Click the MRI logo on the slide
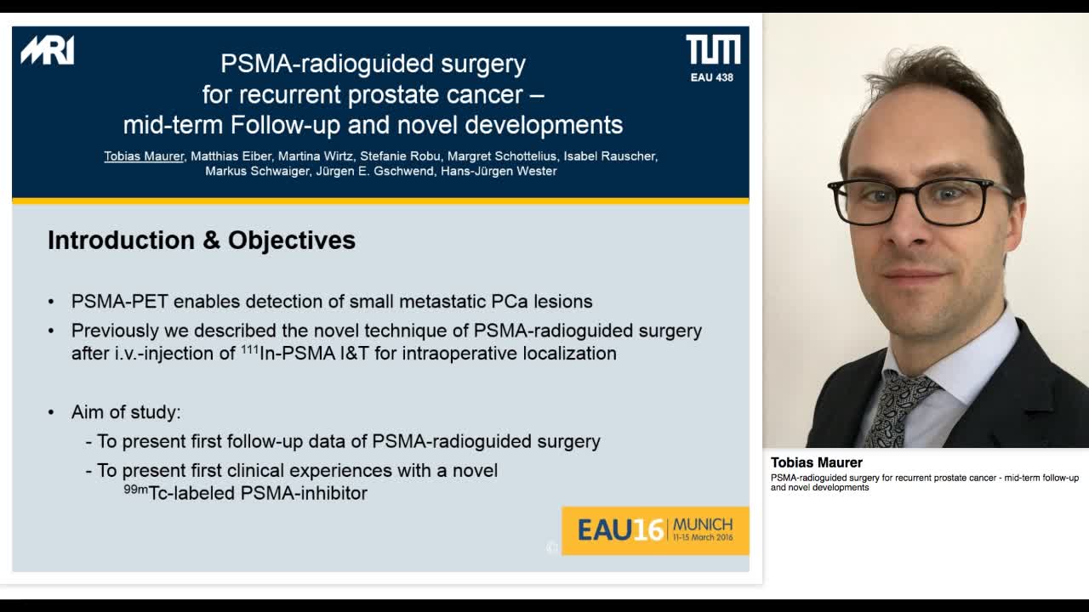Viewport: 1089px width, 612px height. click(48, 51)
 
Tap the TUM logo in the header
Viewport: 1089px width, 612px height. click(713, 50)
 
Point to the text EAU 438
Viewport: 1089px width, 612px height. click(711, 77)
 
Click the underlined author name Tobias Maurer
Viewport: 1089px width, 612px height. click(144, 156)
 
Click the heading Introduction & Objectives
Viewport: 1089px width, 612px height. click(202, 241)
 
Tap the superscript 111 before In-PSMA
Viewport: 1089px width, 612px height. click(249, 348)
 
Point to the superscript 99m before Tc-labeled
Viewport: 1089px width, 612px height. click(135, 489)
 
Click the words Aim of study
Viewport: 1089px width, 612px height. click(126, 412)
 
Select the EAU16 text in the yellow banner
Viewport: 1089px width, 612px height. click(620, 530)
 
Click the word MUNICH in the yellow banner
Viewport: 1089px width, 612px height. click(702, 524)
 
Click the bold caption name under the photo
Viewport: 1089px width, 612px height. click(816, 462)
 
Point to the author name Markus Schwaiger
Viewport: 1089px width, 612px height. click(256, 171)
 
